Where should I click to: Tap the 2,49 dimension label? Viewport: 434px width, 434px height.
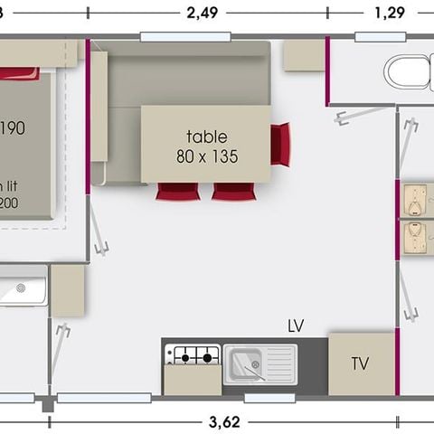[x=203, y=13]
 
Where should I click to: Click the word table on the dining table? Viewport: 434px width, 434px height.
[x=207, y=137]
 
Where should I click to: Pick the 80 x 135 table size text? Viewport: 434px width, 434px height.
[x=207, y=156]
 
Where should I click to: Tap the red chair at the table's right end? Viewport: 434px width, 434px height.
[x=281, y=144]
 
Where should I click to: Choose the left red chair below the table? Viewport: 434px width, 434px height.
[x=177, y=191]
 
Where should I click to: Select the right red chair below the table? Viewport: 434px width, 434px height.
[x=233, y=191]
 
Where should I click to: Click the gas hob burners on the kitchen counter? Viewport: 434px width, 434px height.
[x=192, y=355]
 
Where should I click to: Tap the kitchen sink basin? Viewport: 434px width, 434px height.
[x=249, y=363]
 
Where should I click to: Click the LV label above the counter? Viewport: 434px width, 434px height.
[x=295, y=325]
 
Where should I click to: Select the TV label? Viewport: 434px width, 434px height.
[x=360, y=364]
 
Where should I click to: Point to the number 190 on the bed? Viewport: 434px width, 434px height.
[x=12, y=127]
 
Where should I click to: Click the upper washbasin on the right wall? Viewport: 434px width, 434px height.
[x=415, y=198]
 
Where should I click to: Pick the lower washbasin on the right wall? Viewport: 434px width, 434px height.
[x=415, y=239]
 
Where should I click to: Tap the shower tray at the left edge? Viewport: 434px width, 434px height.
[x=22, y=290]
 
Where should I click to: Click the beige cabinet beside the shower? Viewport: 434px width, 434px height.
[x=67, y=290]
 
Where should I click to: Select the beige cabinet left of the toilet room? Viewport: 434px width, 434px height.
[x=304, y=55]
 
